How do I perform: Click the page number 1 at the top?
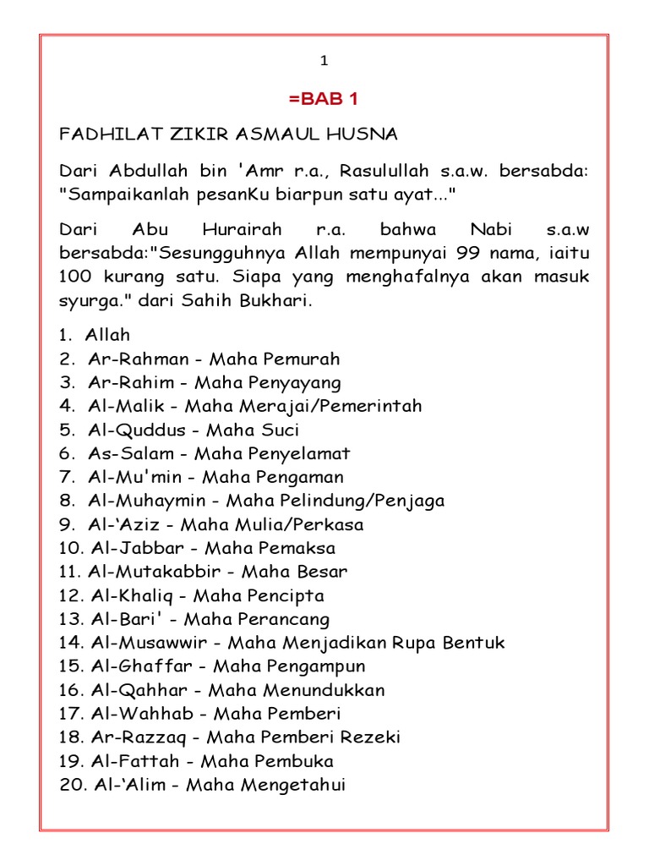click(324, 61)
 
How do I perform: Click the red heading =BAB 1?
click(324, 99)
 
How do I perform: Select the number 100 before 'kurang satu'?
click(74, 277)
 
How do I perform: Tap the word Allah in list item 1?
click(107, 336)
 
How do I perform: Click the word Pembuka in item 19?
click(300, 761)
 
